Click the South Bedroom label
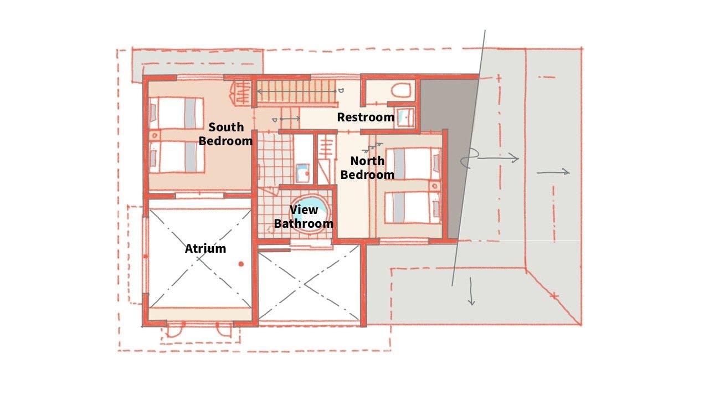click(225, 134)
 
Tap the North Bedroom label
click(367, 168)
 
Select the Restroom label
click(366, 117)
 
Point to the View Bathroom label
click(304, 217)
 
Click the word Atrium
click(205, 249)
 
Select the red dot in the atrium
click(241, 264)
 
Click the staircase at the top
click(296, 91)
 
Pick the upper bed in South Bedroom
click(176, 114)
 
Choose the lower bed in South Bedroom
click(176, 157)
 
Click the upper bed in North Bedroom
click(413, 163)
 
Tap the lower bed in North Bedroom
click(413, 207)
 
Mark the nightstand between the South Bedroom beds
click(155, 135)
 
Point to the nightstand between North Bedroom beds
click(435, 186)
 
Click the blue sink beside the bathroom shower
click(302, 173)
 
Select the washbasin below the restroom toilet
click(405, 117)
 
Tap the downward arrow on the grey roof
click(471, 291)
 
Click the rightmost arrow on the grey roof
click(553, 172)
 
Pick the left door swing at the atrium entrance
click(174, 330)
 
